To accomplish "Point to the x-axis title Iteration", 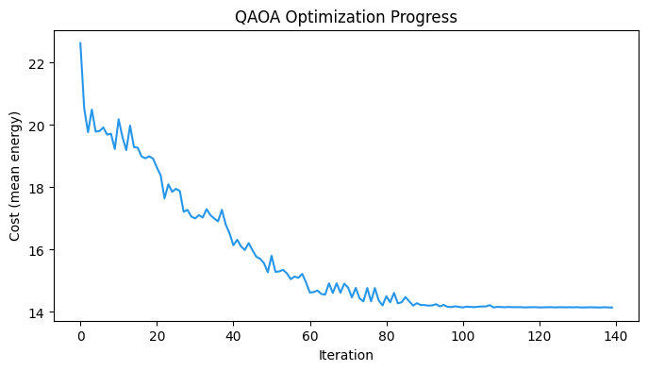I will (346, 356).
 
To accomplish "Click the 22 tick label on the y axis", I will (38, 63).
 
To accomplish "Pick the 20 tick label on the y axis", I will (38, 126).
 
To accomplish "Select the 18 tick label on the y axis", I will (38, 188).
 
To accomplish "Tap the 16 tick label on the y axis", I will (38, 250).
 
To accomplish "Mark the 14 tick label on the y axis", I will (38, 312).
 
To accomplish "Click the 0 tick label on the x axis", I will (80, 336).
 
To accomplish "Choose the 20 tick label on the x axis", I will (157, 336).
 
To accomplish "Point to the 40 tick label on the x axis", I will (233, 336).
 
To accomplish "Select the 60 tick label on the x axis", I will (310, 336).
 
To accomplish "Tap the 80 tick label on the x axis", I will (387, 336).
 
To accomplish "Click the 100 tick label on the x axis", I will (463, 336).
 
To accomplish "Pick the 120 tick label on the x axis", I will (540, 336).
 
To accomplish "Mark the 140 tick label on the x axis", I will (616, 336).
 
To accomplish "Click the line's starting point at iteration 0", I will (80, 42).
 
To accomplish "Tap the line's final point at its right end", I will (612, 307).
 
